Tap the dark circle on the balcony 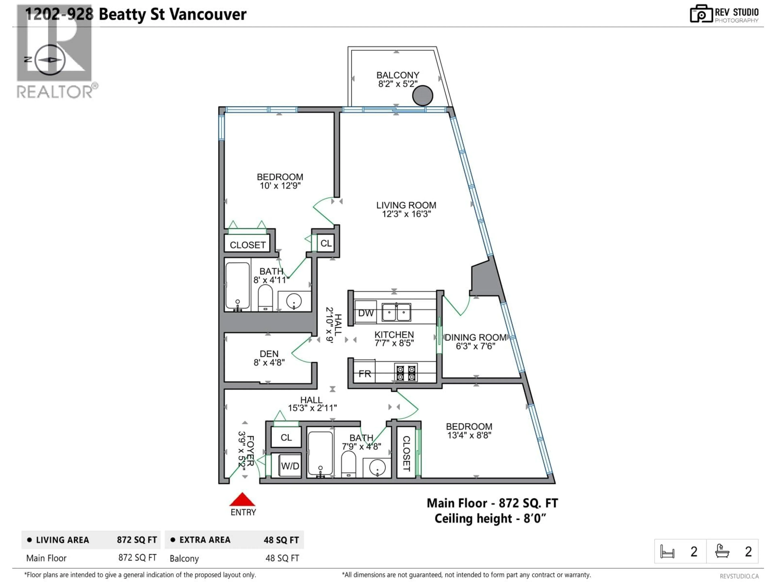pyautogui.click(x=422, y=95)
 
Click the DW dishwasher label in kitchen pyautogui.click(x=366, y=313)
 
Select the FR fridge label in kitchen pyautogui.click(x=365, y=374)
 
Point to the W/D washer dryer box pyautogui.click(x=290, y=466)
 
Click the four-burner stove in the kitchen pyautogui.click(x=406, y=373)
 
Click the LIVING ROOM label pyautogui.click(x=406, y=205)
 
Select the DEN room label pyautogui.click(x=269, y=354)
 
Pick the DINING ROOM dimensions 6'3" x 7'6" pyautogui.click(x=475, y=346)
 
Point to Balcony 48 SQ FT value pyautogui.click(x=282, y=558)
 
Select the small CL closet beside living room pyautogui.click(x=326, y=243)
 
